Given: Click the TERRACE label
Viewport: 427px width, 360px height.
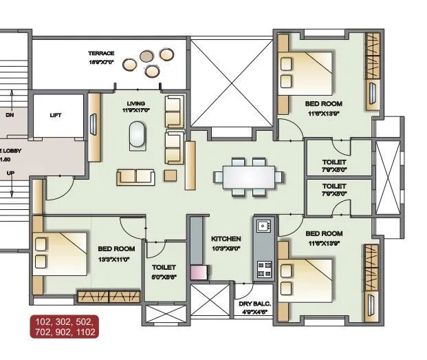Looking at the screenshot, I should click(100, 53).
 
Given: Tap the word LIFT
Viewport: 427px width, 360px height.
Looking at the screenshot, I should click(56, 115).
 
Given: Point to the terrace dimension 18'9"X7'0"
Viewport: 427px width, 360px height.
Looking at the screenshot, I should click(100, 62).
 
